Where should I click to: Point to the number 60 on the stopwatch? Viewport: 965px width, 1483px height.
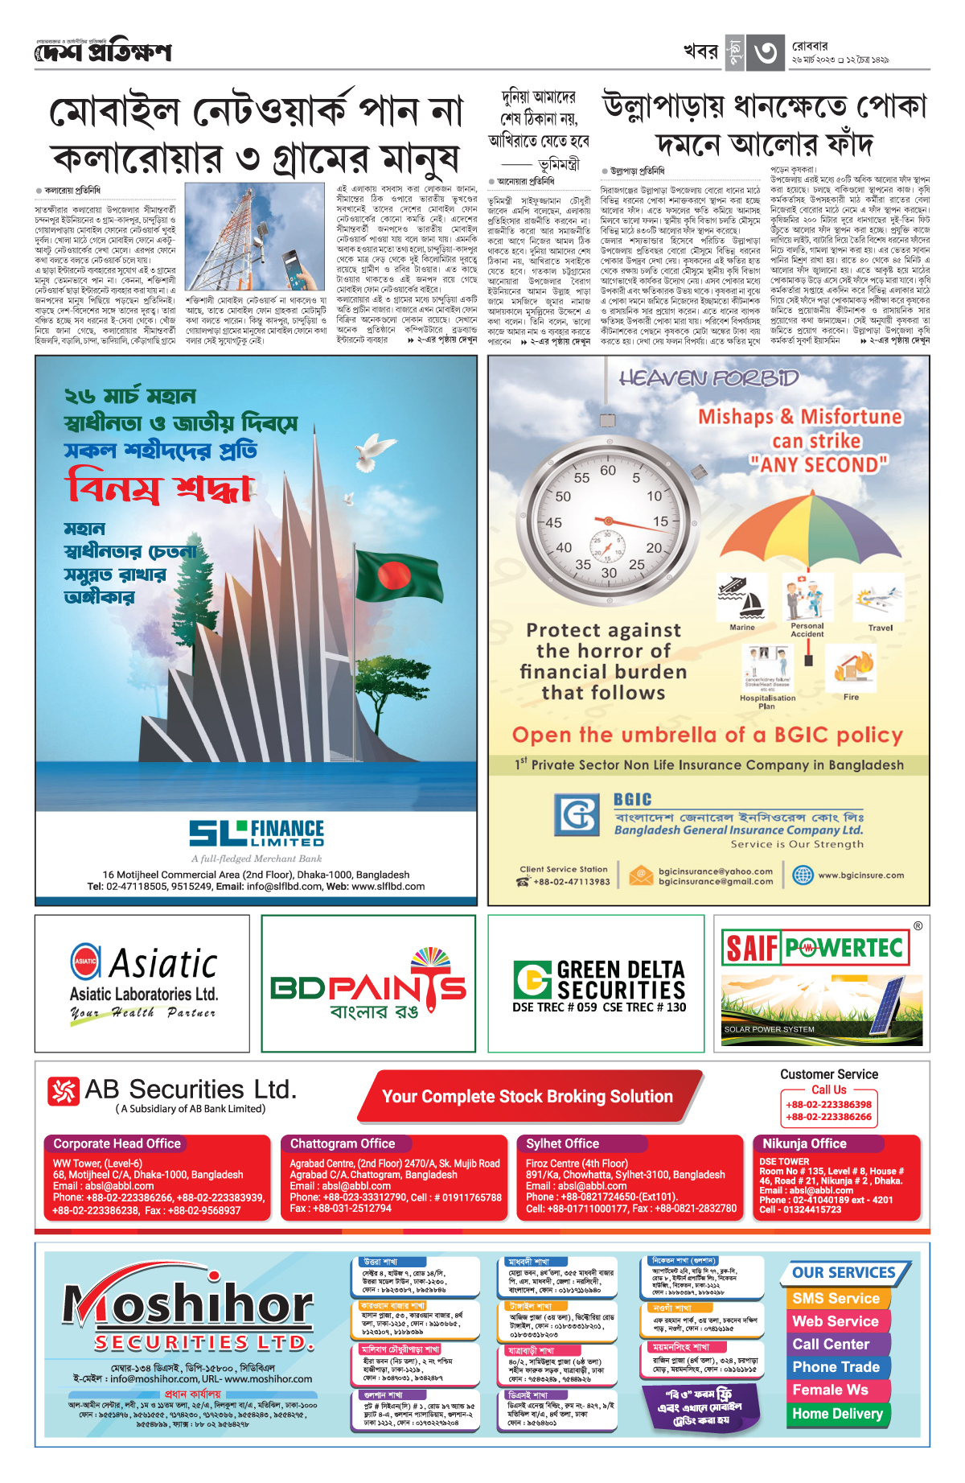pyautogui.click(x=608, y=471)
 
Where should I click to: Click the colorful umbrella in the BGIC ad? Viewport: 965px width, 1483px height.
pyautogui.click(x=812, y=527)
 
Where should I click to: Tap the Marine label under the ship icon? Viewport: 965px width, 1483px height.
pyautogui.click(x=742, y=627)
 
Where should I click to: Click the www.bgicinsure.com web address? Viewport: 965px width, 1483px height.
pyautogui.click(x=860, y=875)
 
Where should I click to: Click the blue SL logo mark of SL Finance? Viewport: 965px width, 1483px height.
pyautogui.click(x=217, y=834)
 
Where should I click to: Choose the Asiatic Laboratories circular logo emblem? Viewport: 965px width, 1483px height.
pyautogui.click(x=85, y=961)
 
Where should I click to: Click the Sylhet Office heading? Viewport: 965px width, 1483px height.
pyautogui.click(x=562, y=1143)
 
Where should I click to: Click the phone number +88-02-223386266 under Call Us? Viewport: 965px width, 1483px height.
pyautogui.click(x=828, y=1117)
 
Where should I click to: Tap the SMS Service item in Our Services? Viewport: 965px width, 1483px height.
pyautogui.click(x=836, y=1298)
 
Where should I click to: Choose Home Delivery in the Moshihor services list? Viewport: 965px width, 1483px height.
pyautogui.click(x=837, y=1413)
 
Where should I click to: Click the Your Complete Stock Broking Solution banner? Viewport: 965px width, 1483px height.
pyautogui.click(x=528, y=1096)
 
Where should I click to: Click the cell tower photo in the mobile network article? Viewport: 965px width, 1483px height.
pyautogui.click(x=254, y=237)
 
